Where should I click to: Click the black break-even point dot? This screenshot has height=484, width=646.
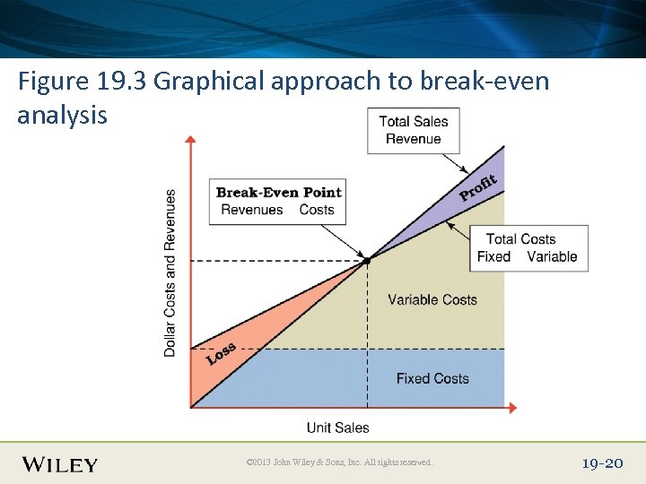coord(367,261)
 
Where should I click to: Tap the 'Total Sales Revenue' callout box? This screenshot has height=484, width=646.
coord(413,131)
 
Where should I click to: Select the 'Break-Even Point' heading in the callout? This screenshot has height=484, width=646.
coord(278,192)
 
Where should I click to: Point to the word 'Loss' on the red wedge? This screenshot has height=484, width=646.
coord(221,353)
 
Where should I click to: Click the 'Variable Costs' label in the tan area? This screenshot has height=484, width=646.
coord(432,299)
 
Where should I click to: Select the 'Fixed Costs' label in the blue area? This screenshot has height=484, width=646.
coord(432,378)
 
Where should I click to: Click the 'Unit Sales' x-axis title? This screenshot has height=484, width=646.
coord(337,428)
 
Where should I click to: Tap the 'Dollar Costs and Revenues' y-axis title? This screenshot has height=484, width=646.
coord(170,272)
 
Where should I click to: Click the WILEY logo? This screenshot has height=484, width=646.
coord(60,464)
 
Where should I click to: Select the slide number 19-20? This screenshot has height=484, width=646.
coord(602,463)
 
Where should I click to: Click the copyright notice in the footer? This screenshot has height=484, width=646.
coord(339,462)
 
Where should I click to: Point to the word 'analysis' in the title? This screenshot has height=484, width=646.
coord(62,116)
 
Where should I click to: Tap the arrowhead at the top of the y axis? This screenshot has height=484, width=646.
coord(190,140)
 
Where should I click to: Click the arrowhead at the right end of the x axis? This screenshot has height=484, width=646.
coord(512,408)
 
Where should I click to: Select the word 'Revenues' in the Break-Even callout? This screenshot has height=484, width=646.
coord(251,210)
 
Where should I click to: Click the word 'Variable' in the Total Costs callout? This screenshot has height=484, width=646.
coord(552,256)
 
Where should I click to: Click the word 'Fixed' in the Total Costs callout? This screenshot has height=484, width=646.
coord(493,256)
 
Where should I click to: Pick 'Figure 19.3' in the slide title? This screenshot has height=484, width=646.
coord(83,82)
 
